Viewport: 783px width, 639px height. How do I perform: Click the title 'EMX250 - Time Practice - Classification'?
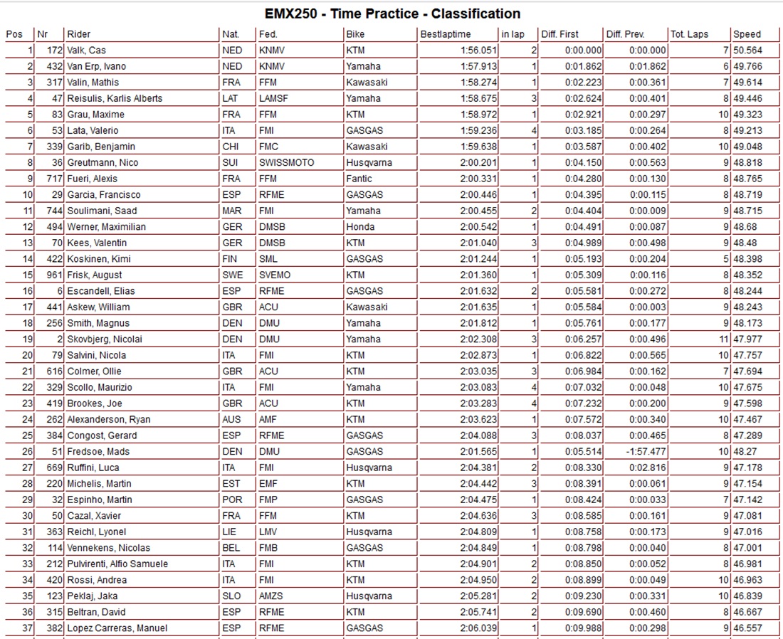click(392, 14)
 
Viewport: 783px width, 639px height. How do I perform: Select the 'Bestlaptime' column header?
click(446, 34)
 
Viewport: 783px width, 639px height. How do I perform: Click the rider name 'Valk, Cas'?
click(87, 51)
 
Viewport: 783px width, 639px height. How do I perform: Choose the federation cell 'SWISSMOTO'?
click(286, 163)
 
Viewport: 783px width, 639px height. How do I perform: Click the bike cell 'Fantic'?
click(359, 179)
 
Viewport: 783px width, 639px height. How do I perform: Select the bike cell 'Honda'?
click(359, 227)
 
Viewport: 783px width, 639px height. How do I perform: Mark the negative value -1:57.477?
click(646, 452)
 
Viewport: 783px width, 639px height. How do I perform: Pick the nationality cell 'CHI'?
click(231, 147)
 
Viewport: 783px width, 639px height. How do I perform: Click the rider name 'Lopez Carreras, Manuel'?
click(117, 628)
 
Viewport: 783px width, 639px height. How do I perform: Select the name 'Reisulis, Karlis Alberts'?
click(115, 98)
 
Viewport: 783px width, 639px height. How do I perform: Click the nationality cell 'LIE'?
click(230, 532)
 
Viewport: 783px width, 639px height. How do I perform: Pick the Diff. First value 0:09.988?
click(583, 628)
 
